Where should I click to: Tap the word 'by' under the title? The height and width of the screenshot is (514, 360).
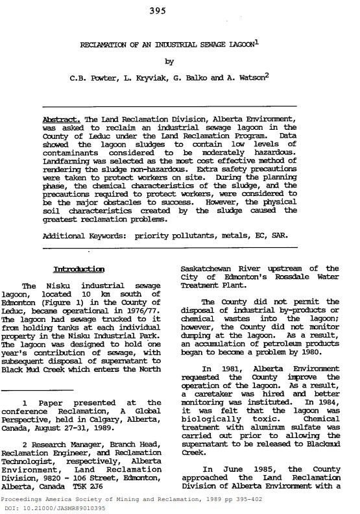(x=169, y=63)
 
